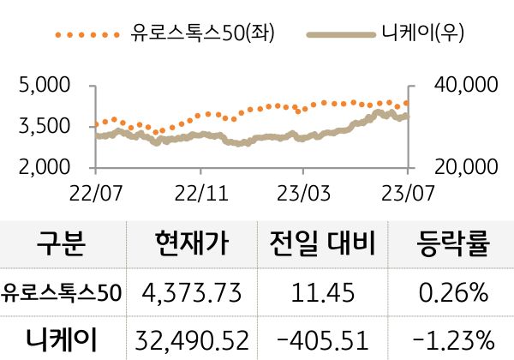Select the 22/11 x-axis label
(200, 189)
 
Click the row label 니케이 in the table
(62, 337)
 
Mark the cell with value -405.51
(320, 338)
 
